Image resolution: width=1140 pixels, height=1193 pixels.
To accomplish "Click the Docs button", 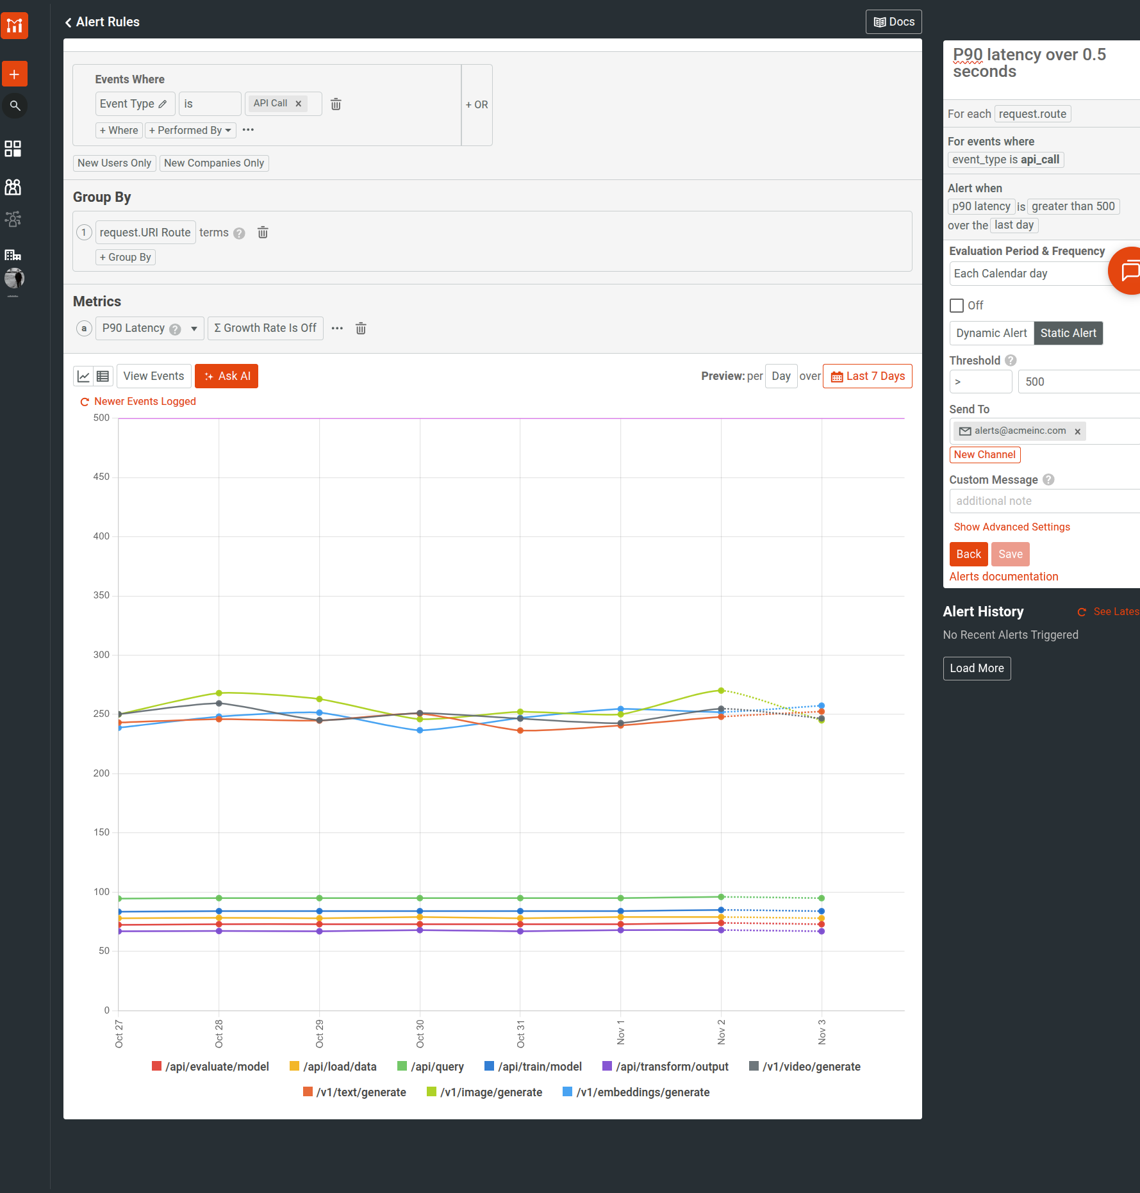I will pos(893,22).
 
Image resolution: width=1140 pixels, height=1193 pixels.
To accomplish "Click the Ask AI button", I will pos(226,376).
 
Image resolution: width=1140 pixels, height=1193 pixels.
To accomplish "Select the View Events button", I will pos(153,376).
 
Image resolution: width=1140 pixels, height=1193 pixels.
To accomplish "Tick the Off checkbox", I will pos(956,306).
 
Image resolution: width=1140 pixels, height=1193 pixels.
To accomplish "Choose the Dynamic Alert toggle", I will pos(991,333).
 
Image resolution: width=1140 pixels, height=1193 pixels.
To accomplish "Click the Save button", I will pos(1010,554).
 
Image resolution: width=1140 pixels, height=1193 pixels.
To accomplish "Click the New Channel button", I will pos(984,455).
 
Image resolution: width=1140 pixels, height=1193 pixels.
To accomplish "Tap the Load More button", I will pos(976,668).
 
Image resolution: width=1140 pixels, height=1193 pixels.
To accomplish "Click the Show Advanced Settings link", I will pos(1011,527).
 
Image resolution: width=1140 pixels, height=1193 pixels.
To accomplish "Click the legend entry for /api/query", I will pos(431,1067).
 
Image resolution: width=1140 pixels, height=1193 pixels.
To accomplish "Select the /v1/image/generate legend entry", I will pos(484,1092).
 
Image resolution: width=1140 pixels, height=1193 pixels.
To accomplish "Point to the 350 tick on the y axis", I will pos(101,595).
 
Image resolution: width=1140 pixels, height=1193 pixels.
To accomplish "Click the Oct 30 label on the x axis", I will pos(420,1033).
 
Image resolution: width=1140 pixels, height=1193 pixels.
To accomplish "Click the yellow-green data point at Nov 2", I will pos(721,691).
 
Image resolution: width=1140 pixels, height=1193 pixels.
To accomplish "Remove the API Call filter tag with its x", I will pos(298,104).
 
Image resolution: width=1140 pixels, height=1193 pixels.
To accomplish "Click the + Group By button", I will pos(125,257).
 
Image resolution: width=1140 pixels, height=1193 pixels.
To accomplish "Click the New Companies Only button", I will pos(213,163).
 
